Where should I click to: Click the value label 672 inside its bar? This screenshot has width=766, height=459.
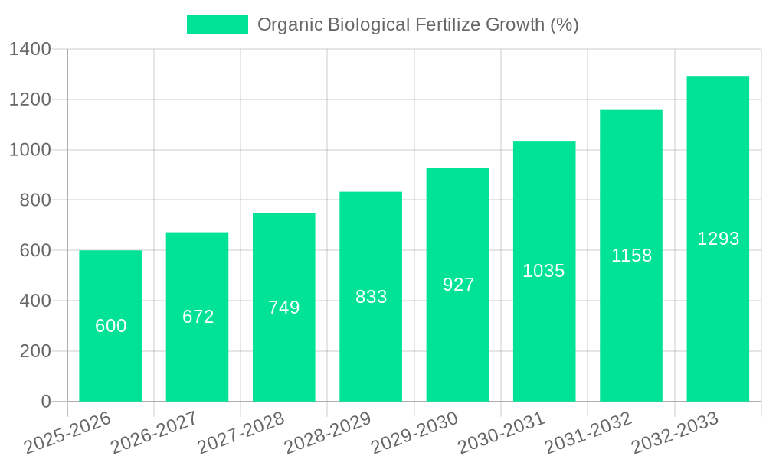[198, 317]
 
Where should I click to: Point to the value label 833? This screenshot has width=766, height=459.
[371, 297]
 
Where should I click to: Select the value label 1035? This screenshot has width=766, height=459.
[544, 271]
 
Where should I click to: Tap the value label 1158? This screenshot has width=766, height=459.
[631, 256]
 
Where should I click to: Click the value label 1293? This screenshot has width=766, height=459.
[718, 239]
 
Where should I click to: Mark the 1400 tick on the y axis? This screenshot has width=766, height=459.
[30, 50]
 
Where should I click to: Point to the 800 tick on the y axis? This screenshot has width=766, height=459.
[35, 200]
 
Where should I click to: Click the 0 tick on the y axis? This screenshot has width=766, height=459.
[45, 402]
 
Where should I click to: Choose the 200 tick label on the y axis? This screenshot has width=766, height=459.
[35, 351]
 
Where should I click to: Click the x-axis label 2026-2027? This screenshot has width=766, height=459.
[154, 433]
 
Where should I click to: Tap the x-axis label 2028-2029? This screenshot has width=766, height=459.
[328, 433]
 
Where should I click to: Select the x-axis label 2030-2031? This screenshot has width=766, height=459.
[501, 433]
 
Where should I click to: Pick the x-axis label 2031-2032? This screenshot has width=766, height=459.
[588, 433]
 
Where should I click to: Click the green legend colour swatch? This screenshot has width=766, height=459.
[218, 24]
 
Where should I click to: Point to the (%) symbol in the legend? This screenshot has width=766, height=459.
[564, 24]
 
